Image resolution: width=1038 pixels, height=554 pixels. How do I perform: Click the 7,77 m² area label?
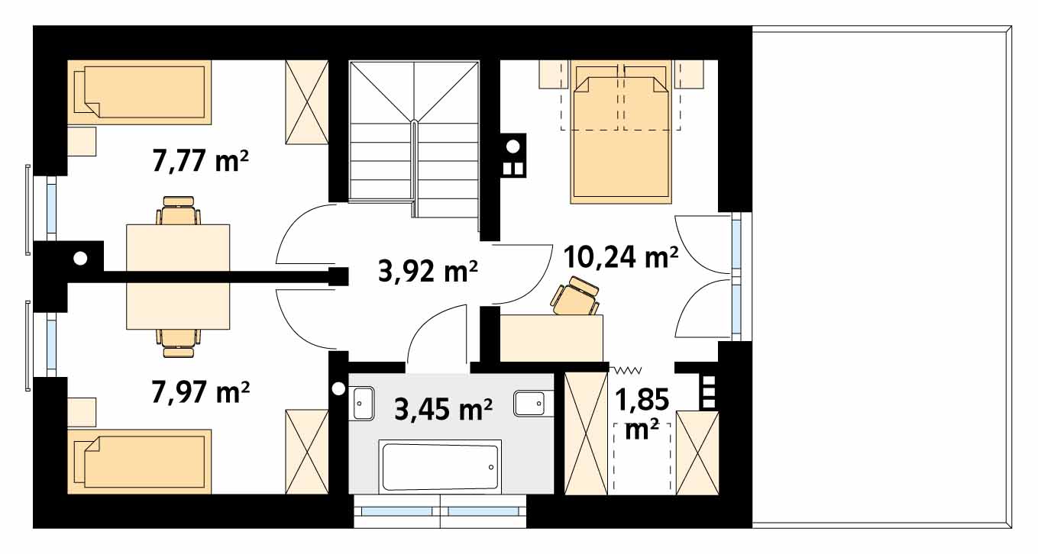[x=200, y=160]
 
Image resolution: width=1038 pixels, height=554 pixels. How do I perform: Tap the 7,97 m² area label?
[x=200, y=391]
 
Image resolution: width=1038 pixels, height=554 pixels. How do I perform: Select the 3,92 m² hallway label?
[x=428, y=271]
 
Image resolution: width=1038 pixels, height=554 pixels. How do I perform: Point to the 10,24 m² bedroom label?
[x=621, y=257]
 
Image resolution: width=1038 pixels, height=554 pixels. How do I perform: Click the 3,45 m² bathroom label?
[x=443, y=409]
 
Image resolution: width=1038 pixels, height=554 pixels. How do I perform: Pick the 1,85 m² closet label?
[x=642, y=414]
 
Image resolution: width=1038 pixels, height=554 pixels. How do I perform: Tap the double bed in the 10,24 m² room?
[x=621, y=132]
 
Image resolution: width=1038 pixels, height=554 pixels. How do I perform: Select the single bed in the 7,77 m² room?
[x=140, y=92]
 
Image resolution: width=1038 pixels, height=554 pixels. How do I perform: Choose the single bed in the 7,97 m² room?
[x=140, y=462]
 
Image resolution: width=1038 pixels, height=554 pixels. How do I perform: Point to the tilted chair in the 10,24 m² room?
[x=574, y=297]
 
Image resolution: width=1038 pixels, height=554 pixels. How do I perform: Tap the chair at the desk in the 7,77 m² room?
[x=179, y=211]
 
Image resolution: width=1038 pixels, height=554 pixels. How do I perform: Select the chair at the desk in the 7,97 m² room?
[x=179, y=343]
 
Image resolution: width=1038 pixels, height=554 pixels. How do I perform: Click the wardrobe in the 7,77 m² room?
[x=307, y=101]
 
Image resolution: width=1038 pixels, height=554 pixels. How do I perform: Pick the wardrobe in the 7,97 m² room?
[x=307, y=452]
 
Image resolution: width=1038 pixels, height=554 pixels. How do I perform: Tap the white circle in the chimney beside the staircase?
[x=513, y=147]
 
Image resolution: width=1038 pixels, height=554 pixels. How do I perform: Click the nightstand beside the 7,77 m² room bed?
[x=82, y=141]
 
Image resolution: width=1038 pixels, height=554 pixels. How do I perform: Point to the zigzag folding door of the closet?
[x=626, y=370]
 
